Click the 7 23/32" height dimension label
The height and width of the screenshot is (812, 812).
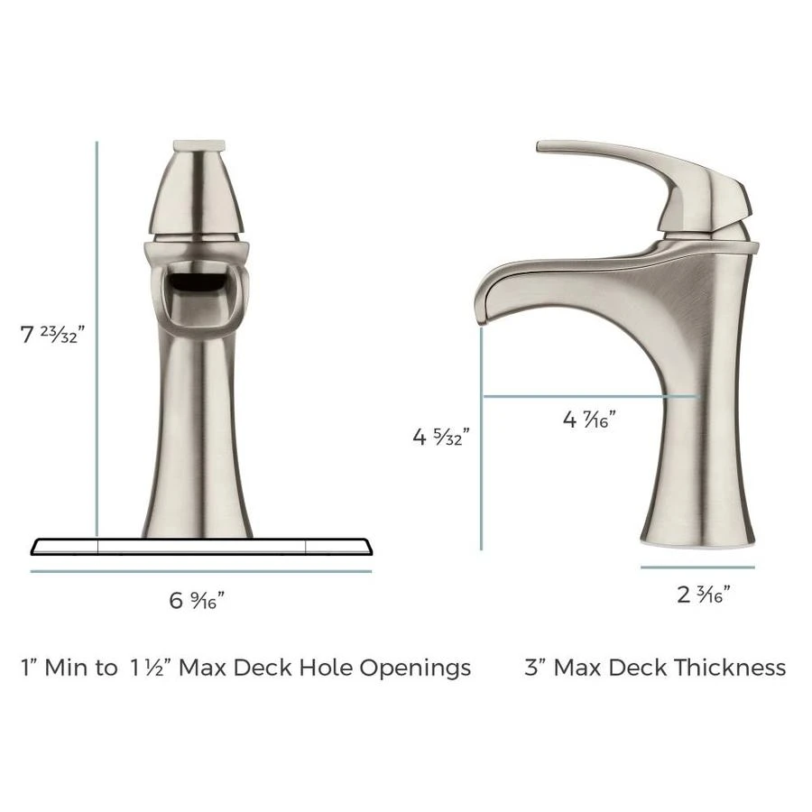[x=52, y=335]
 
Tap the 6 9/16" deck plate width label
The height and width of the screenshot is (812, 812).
[x=197, y=600]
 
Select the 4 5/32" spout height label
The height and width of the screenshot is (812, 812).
[x=440, y=438]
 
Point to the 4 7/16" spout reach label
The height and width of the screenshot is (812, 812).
[x=589, y=419]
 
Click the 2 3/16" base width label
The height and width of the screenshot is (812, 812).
[x=702, y=594]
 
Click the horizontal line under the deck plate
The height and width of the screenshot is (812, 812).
[x=200, y=571]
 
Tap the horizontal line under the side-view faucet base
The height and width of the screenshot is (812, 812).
[x=697, y=567]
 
